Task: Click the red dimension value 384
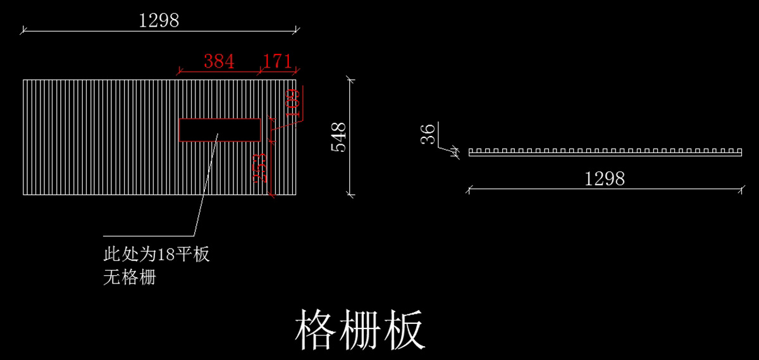point(219,62)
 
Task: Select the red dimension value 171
point(277,62)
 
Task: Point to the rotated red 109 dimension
point(292,104)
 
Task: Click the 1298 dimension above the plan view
point(159,21)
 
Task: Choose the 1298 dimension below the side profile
point(604,179)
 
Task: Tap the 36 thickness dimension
point(428,134)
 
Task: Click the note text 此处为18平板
point(156,256)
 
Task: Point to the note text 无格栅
point(129,277)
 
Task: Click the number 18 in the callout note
point(165,256)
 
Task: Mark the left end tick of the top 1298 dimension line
point(23,29)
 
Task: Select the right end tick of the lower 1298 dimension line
point(741,189)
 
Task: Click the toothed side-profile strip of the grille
point(604,152)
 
